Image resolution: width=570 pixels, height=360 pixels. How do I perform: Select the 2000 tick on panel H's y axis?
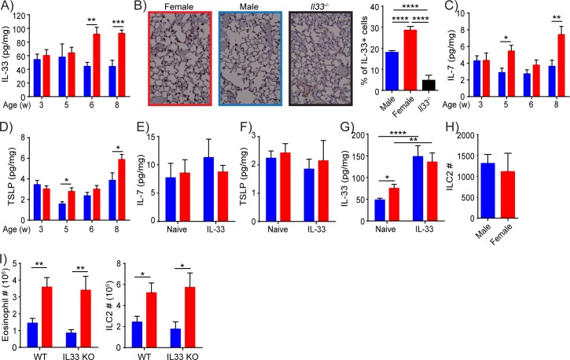point(476,135)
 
